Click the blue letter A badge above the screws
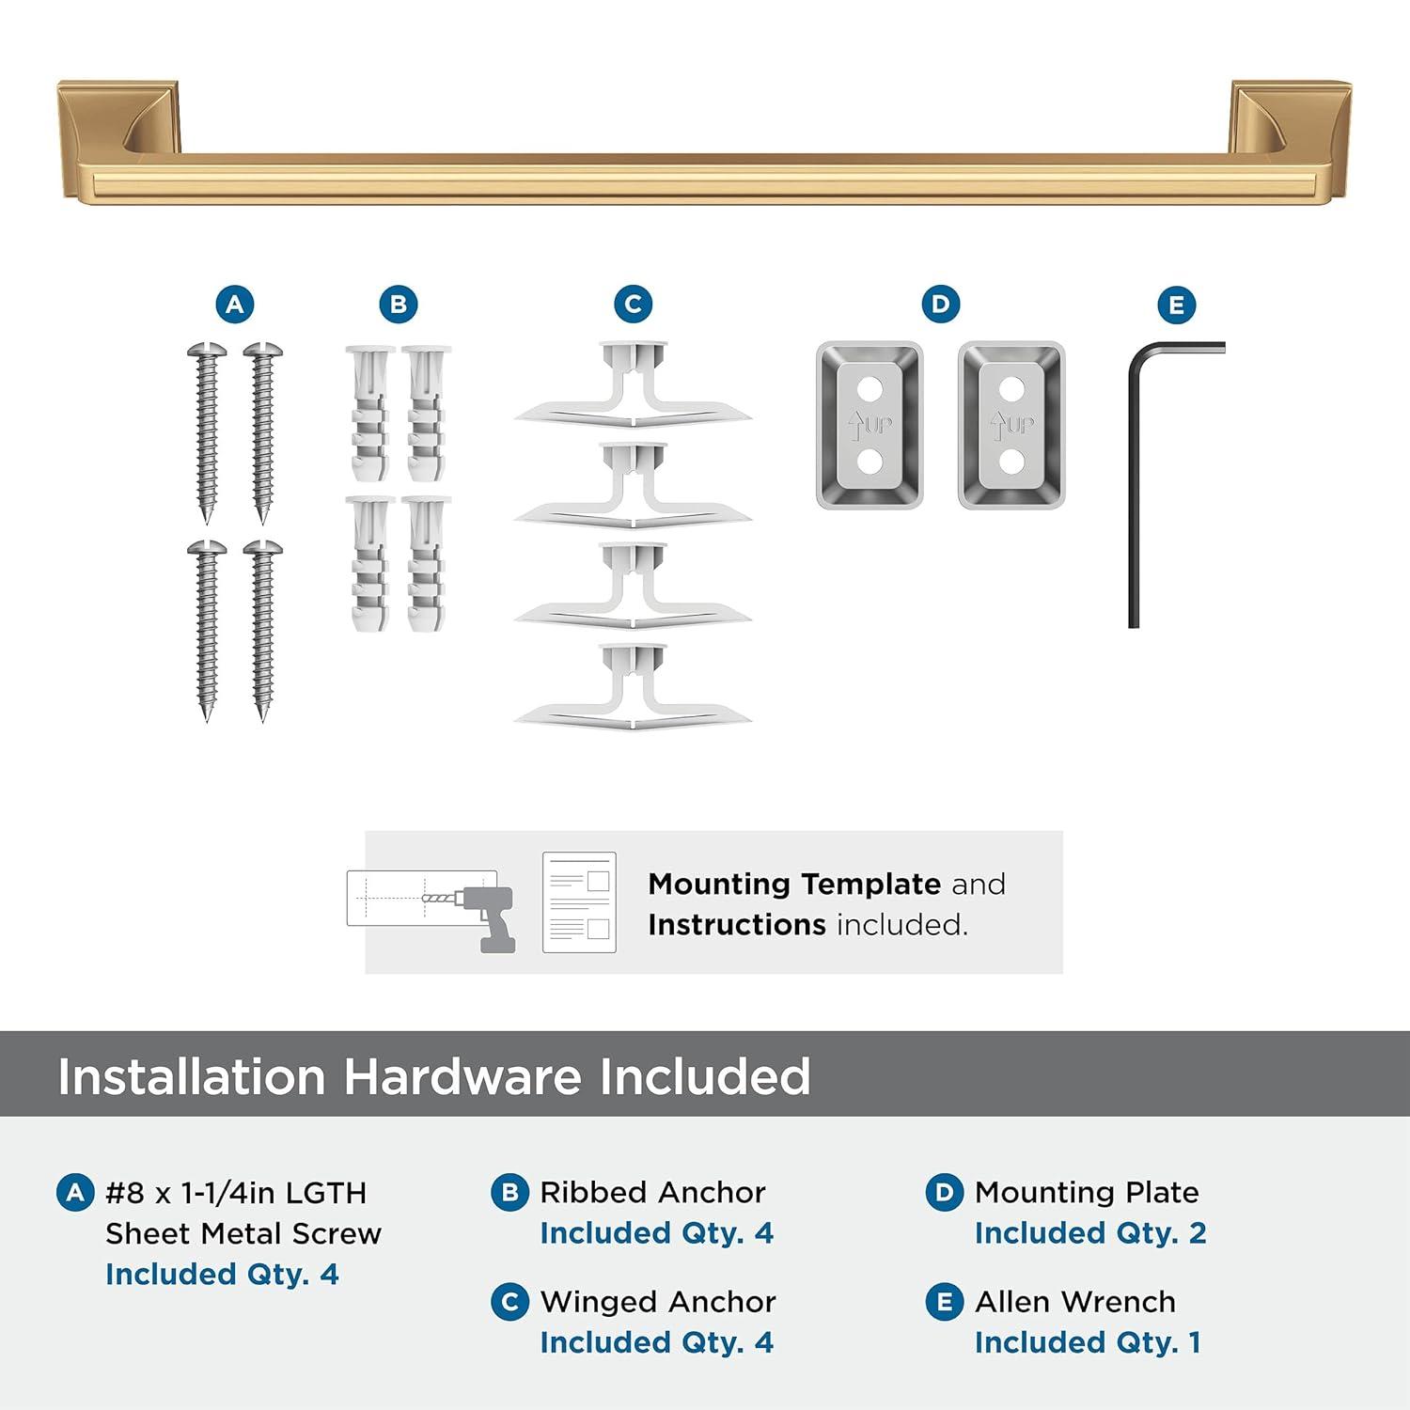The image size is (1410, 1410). [234, 305]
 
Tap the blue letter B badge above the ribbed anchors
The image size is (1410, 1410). [398, 305]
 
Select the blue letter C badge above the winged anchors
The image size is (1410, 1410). [633, 305]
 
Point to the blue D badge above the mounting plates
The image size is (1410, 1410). [940, 304]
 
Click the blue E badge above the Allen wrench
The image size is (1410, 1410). [1176, 305]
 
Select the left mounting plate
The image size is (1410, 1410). [869, 425]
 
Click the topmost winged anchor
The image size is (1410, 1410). [633, 385]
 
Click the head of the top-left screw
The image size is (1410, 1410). [207, 352]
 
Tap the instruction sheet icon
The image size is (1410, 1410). [579, 902]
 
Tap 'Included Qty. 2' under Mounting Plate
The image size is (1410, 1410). [1089, 1232]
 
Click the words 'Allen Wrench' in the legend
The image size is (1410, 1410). [1074, 1301]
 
